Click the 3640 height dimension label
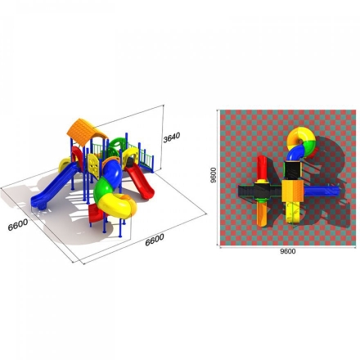pyautogui.click(x=172, y=137)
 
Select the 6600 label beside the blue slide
pyautogui.click(x=18, y=225)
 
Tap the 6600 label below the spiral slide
pyautogui.click(x=155, y=240)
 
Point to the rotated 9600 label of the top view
pyautogui.click(x=214, y=175)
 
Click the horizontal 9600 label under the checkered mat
pyautogui.click(x=288, y=251)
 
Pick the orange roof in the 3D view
pyautogui.click(x=87, y=133)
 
